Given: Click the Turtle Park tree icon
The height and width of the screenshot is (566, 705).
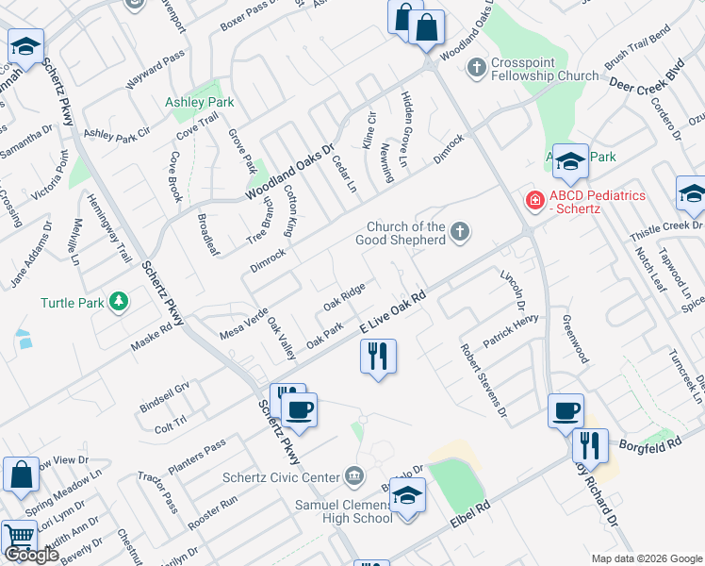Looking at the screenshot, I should click(x=119, y=302).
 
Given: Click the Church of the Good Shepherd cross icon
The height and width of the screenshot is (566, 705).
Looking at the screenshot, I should click(x=460, y=232).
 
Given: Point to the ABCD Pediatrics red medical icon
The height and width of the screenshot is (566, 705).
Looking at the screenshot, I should click(x=533, y=200).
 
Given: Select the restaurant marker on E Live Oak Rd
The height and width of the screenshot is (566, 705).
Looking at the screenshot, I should click(x=378, y=357).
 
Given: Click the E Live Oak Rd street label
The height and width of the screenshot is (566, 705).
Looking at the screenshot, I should click(x=394, y=310).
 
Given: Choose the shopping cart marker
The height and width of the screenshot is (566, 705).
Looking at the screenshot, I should click(x=19, y=539).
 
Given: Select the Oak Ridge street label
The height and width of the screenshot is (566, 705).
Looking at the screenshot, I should click(x=344, y=297).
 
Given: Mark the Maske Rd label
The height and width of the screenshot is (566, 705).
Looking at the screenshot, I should click(x=152, y=333).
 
